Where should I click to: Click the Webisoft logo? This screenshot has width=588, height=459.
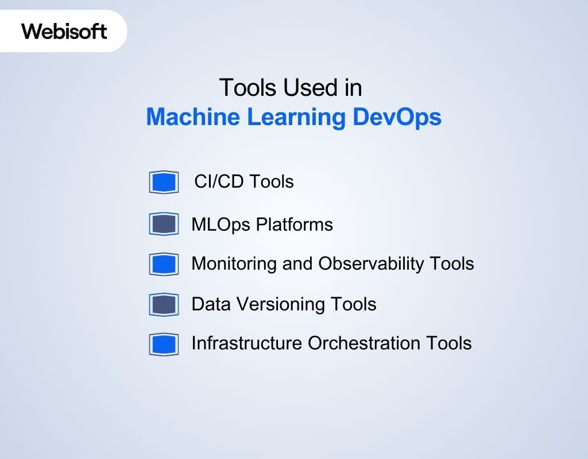64,30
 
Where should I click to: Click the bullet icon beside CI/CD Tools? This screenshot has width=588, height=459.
164,182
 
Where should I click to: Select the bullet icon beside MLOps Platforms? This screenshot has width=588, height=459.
164,224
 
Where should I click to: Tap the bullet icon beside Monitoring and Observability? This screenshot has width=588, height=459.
164,264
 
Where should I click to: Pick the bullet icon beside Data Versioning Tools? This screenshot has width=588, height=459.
164,304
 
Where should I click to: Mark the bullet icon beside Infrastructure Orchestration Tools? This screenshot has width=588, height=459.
164,344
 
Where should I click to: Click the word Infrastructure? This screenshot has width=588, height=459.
247,344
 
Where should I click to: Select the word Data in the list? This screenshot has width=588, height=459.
210,304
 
